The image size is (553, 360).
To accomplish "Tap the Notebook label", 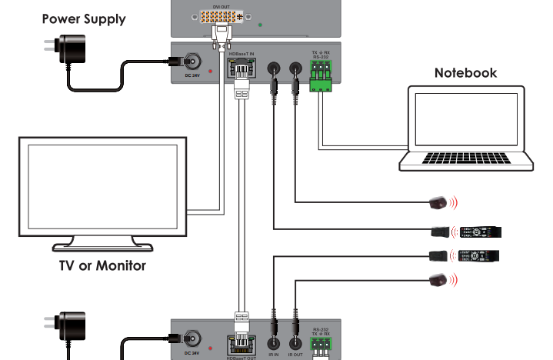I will pyautogui.click(x=465, y=74).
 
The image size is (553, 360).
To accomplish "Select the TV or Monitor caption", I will pyautogui.click(x=102, y=266).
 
